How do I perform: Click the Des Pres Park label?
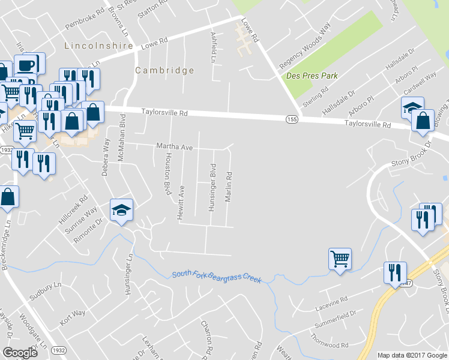pyautogui.click(x=312, y=76)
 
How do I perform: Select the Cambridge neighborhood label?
pyautogui.click(x=164, y=70)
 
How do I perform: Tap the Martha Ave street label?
pyautogui.click(x=174, y=146)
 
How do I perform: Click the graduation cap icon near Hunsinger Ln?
pyautogui.click(x=121, y=210)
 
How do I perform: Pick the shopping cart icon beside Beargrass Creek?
pyautogui.click(x=340, y=259)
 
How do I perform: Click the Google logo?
pyautogui.click(x=20, y=353)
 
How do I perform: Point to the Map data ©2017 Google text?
pyautogui.click(x=412, y=355)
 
